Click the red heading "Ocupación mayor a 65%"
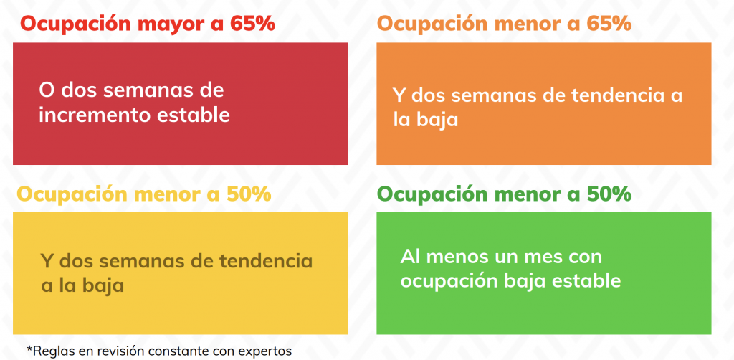point(147,24)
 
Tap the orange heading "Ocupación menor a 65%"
point(504,24)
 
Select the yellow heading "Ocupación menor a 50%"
point(143,194)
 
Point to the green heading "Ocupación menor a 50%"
point(504,194)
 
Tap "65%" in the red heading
point(252,24)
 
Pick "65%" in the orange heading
point(609,24)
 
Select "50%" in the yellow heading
point(249,194)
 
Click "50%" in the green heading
point(609,194)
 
